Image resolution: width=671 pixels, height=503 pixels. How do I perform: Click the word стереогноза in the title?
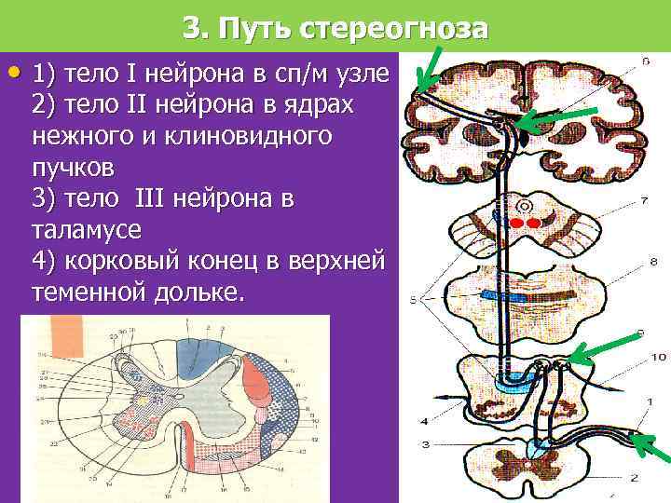tap(394, 29)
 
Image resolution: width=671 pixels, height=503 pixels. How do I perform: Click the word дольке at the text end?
tap(201, 293)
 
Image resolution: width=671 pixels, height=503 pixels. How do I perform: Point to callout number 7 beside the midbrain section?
tap(645, 201)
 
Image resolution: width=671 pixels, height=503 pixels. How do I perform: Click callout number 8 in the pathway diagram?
tap(652, 264)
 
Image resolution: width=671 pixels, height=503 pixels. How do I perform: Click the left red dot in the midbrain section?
tap(514, 224)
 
